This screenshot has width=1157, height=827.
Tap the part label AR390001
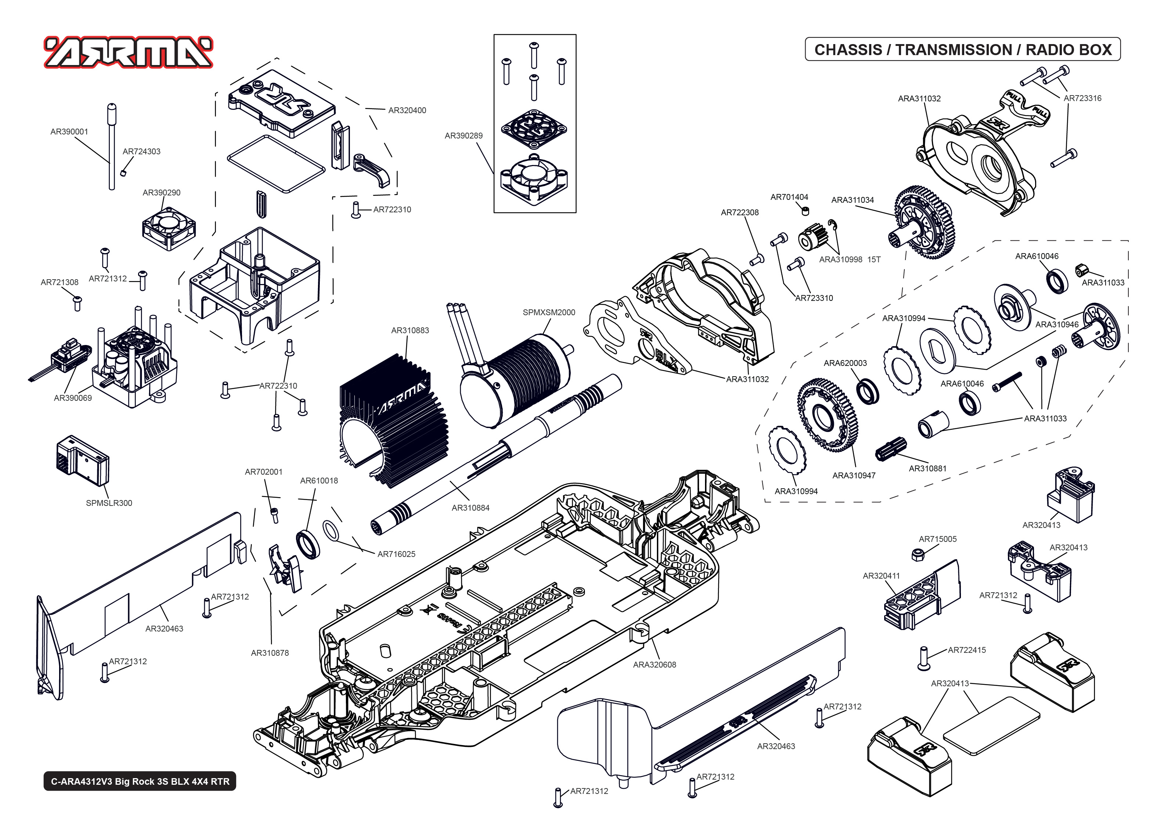pyautogui.click(x=69, y=132)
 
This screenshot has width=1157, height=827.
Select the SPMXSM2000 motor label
pyautogui.click(x=549, y=312)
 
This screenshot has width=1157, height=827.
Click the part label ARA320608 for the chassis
pyautogui.click(x=654, y=665)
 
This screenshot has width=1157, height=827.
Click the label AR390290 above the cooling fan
pyautogui.click(x=161, y=193)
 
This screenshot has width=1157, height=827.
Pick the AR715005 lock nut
pyautogui.click(x=918, y=554)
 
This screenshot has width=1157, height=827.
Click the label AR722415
pyautogui.click(x=967, y=650)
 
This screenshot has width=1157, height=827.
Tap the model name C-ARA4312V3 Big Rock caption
pyautogui.click(x=140, y=781)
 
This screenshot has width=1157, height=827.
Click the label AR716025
pyautogui.click(x=396, y=554)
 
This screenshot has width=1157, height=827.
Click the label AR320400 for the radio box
pyautogui.click(x=407, y=110)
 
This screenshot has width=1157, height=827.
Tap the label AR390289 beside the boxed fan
pyautogui.click(x=463, y=136)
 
